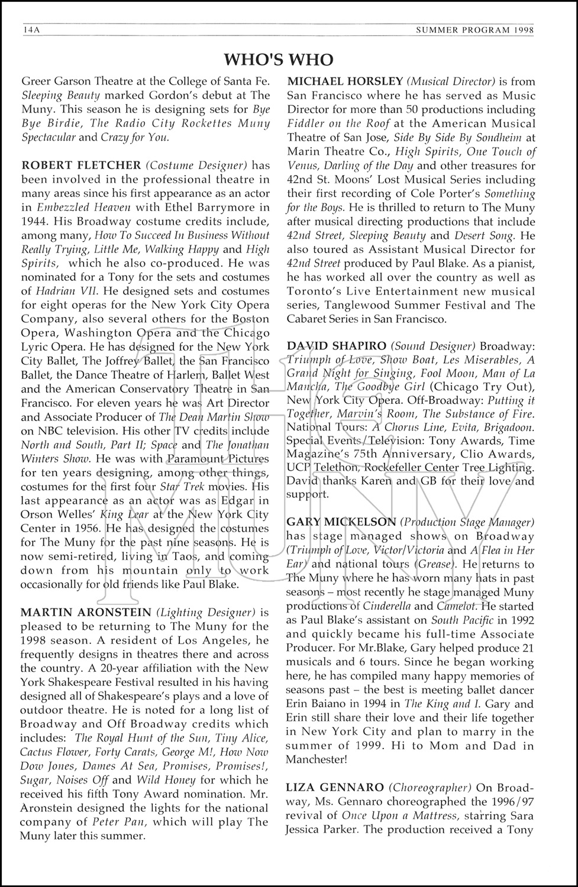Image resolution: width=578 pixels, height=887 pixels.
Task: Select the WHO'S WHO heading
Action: click(x=279, y=60)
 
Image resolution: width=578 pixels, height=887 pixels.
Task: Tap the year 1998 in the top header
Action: click(x=520, y=29)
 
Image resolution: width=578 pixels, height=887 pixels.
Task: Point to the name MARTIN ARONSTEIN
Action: click(x=86, y=612)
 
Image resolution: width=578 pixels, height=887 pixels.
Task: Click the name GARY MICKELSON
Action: click(x=341, y=522)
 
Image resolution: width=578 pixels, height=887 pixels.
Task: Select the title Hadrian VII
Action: click(x=66, y=291)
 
